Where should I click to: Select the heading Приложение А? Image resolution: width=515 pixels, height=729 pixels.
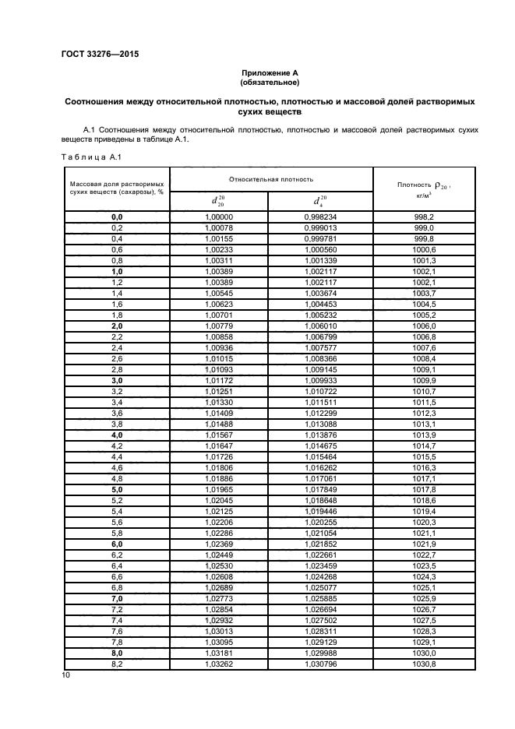tap(270, 72)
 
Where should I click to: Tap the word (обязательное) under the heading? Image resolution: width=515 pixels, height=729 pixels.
tap(270, 82)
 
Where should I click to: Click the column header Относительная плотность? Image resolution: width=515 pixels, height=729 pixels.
tap(271, 178)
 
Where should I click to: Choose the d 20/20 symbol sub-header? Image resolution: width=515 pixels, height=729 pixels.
tap(218, 201)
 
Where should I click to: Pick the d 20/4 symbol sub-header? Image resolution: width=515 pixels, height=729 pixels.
tap(319, 201)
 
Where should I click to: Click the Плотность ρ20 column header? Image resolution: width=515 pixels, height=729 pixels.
tap(425, 187)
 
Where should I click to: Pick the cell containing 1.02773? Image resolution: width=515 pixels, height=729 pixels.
tap(218, 597)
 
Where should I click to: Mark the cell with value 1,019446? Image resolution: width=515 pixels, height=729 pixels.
tap(320, 511)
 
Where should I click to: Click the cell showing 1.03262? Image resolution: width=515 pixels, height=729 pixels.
tap(218, 663)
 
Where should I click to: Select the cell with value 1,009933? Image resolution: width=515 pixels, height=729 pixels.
tap(320, 380)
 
